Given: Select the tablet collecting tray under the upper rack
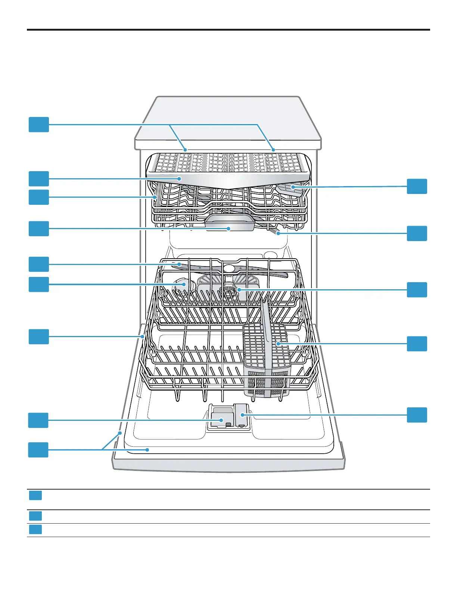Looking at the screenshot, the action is pos(229,223).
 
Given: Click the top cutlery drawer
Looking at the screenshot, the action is pos(228,164).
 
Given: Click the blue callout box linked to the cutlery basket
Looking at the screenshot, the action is pos(417,344).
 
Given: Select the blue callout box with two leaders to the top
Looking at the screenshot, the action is pos(39,124).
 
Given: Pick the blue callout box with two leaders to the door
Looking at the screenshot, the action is pos(38,450).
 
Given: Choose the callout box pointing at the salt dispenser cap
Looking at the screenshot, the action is pos(39,284).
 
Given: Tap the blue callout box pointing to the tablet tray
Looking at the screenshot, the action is pos(39,229).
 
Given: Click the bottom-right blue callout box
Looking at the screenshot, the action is pos(417,415).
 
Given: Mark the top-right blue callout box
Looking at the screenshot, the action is pos(417,186).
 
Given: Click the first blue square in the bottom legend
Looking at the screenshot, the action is pos(35,496).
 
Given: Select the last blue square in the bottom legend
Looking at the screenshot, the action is pos(35,530).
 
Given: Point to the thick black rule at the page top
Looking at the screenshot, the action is pos(228,30).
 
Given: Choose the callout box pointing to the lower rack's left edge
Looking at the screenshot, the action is pos(39,336).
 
